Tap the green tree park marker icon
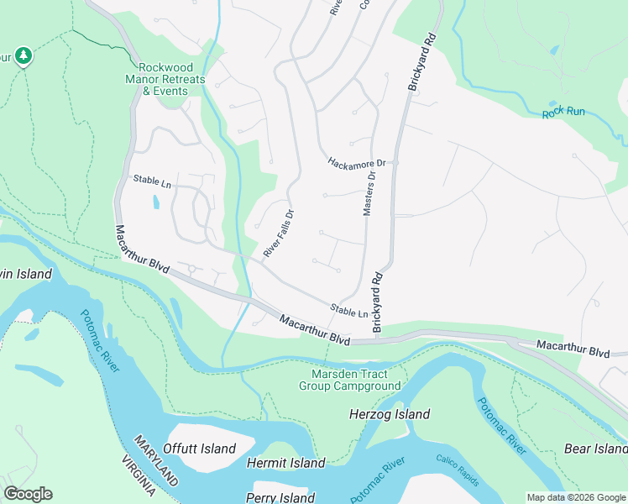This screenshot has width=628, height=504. click(x=24, y=55)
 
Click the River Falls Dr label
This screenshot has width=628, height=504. click(x=278, y=234)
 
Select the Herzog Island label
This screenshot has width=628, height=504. click(x=389, y=414)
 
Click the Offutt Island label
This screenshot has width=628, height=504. click(x=200, y=449)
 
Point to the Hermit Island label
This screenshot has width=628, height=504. click(x=285, y=463)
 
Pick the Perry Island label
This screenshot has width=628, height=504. click(x=280, y=498)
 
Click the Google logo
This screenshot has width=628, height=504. click(x=28, y=494)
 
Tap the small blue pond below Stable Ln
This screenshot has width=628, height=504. click(x=155, y=202)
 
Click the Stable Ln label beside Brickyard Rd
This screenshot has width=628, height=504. click(x=349, y=312)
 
